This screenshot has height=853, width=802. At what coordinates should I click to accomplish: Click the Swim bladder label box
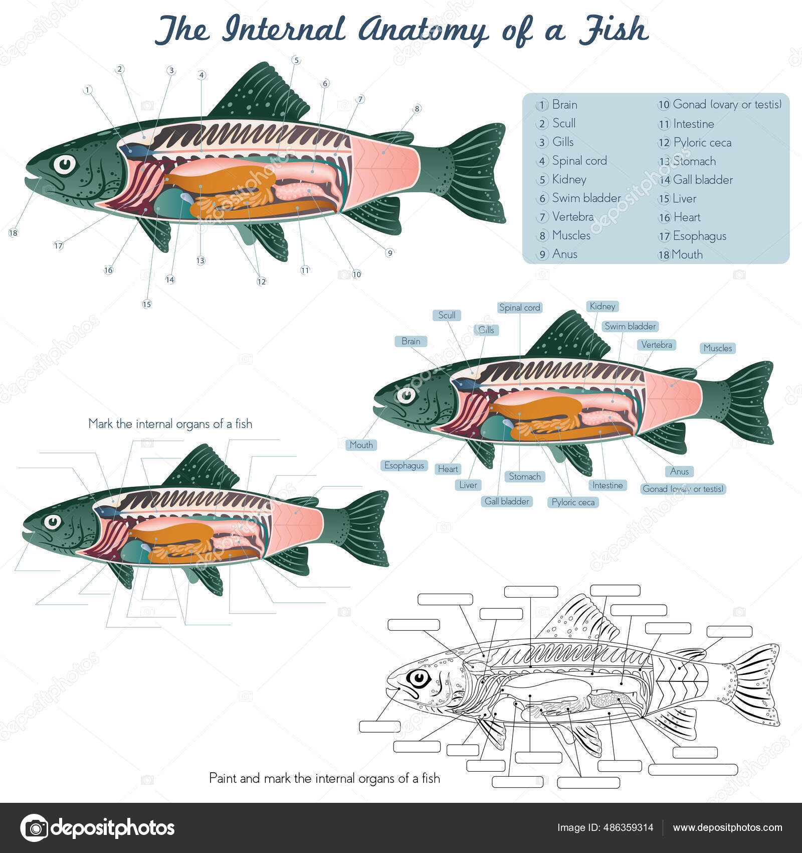point(630,326)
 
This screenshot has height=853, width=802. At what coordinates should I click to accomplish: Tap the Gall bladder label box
point(507,501)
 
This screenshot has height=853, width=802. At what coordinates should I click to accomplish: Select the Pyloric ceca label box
point(573,502)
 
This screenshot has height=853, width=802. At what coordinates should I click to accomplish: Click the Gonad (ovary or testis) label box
point(683,489)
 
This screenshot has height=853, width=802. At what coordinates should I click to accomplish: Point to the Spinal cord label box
point(520,308)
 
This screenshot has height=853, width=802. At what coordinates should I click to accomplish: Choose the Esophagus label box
point(404,466)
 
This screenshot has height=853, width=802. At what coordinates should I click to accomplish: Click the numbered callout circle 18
point(13,233)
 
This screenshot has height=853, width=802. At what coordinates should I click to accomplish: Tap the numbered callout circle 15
point(146,304)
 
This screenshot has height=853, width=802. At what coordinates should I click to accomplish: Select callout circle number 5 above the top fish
point(296,60)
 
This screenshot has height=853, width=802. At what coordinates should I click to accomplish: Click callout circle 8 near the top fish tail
point(417,108)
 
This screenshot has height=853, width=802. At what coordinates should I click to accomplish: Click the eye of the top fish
point(65,164)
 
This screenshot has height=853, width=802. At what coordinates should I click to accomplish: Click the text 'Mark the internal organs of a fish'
point(170,424)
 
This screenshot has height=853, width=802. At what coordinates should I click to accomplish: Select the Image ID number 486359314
point(627,827)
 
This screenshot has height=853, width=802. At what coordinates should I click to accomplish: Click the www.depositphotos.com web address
point(727,827)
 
